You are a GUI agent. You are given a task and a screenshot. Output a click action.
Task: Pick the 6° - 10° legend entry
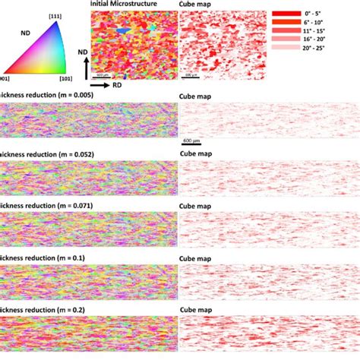point(289,27)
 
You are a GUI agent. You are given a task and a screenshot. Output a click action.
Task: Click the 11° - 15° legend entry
point(289,39)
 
